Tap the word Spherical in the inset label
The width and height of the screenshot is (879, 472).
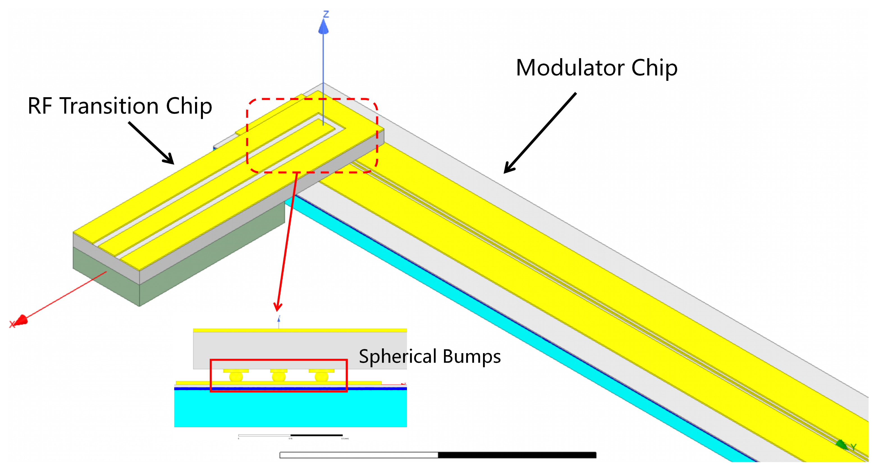point(397,357)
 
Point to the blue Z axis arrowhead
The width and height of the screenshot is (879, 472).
point(324,27)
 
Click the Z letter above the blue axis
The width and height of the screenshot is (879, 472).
point(326,14)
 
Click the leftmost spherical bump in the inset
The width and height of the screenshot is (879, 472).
point(236,377)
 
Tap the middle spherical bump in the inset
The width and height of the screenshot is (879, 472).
point(278,377)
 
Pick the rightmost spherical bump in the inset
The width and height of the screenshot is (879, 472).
point(321,377)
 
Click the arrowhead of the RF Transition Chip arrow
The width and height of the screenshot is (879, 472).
point(169,160)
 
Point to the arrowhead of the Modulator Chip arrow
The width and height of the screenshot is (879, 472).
point(509,169)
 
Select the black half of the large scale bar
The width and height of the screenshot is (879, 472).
point(517,455)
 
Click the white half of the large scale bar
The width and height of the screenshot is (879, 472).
point(358,455)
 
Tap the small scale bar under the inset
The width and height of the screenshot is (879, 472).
point(290,435)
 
